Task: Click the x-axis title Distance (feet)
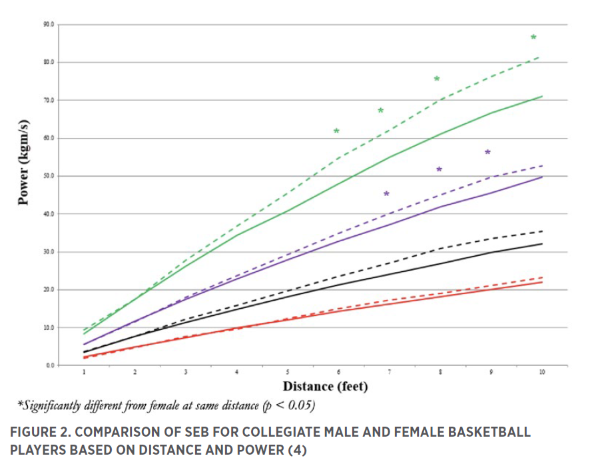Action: point(326,385)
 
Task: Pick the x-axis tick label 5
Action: point(288,371)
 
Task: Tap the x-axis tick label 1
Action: point(84,371)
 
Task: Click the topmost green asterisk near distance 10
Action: point(533,37)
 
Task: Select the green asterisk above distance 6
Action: point(336,131)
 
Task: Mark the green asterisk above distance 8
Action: point(437,79)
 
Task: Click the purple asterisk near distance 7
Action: point(387,194)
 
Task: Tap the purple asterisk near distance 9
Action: point(487,153)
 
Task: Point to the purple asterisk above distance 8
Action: point(439,169)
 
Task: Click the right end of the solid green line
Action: point(542,97)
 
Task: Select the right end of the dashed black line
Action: point(542,231)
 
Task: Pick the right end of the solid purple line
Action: point(542,177)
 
